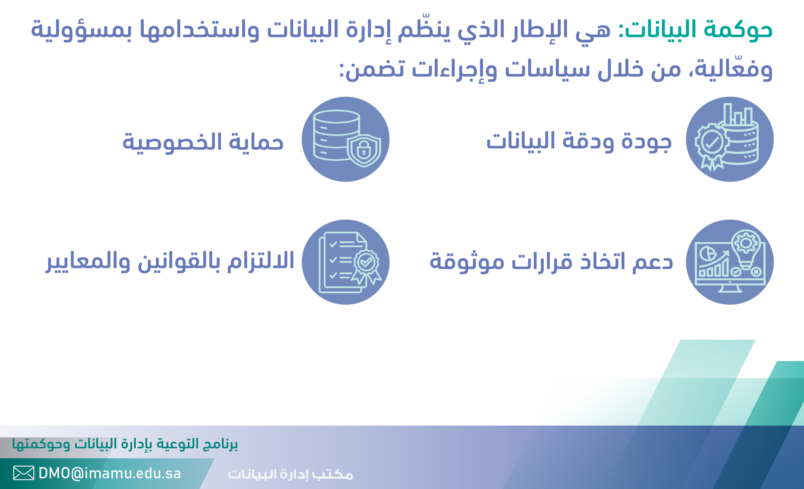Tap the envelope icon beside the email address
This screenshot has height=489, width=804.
pyautogui.click(x=24, y=473)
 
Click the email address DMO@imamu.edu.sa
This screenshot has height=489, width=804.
pyautogui.click(x=110, y=473)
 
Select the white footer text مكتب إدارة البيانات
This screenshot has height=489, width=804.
pyautogui.click(x=290, y=474)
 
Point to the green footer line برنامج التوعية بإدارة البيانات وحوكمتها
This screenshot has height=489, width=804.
pyautogui.click(x=125, y=444)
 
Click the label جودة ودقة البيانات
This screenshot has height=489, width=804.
pyautogui.click(x=579, y=141)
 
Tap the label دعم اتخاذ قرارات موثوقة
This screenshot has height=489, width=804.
pyautogui.click(x=551, y=262)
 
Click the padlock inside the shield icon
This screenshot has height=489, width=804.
pyautogui.click(x=363, y=150)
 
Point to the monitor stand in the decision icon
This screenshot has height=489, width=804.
pyautogui.click(x=730, y=289)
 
